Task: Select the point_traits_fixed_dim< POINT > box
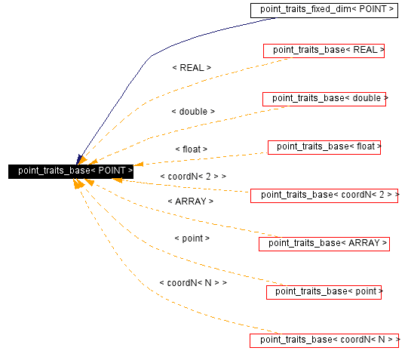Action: pos(327,9)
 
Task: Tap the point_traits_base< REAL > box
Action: pos(324,51)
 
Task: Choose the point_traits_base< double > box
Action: pos(324,99)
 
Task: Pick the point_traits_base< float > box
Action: pos(324,147)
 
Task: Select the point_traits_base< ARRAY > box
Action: pos(324,243)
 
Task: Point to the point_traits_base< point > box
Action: pos(324,291)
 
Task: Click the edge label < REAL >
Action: pos(192,68)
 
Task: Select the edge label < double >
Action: pos(193,112)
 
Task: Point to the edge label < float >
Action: pos(191,149)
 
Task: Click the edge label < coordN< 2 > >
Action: pos(193,176)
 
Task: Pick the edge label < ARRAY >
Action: pos(191,202)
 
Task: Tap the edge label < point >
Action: pos(192,238)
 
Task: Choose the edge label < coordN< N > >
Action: pos(193,282)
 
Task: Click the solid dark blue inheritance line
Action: pos(151,57)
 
